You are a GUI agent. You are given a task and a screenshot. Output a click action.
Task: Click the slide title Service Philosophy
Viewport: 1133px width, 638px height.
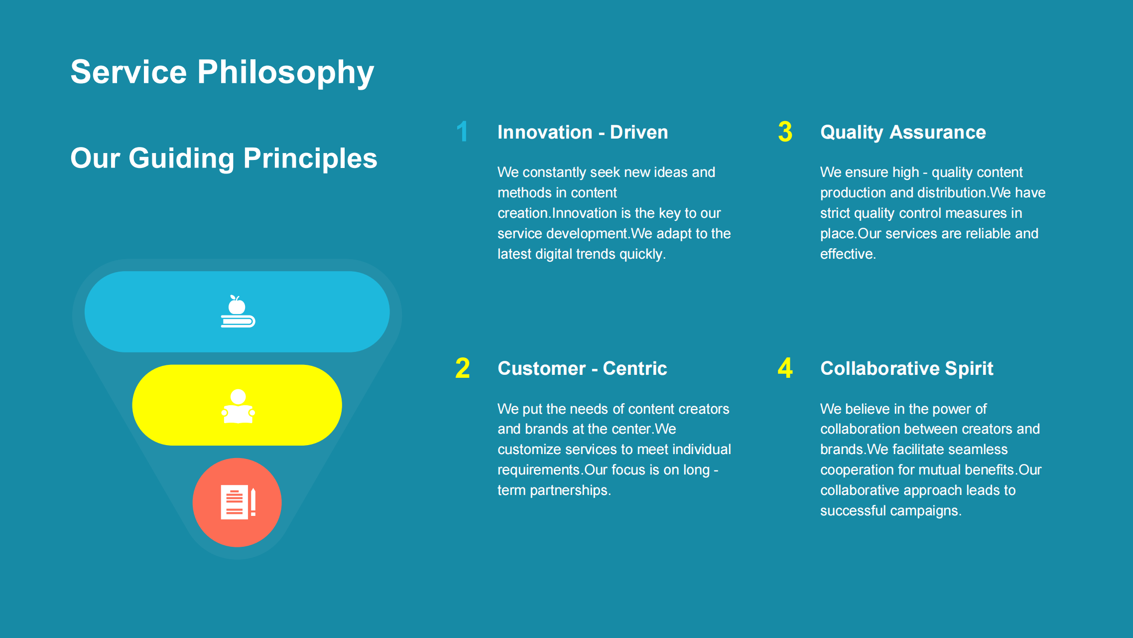click(222, 73)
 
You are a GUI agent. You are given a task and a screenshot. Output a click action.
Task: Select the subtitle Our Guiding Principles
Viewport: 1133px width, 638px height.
click(224, 159)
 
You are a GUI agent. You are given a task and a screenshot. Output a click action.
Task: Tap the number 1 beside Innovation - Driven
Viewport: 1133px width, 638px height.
click(463, 132)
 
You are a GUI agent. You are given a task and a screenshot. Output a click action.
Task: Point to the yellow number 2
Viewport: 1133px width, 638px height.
click(463, 368)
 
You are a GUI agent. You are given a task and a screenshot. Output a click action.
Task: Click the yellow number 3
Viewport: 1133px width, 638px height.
click(785, 132)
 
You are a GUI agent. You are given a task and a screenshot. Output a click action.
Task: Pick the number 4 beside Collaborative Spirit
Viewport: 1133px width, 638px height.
click(785, 368)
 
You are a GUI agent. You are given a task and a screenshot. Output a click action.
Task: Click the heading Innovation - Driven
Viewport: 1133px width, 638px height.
click(583, 132)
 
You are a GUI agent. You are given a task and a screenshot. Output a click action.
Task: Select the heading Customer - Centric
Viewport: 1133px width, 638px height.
click(582, 368)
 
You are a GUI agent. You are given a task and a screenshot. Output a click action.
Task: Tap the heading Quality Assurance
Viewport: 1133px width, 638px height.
click(903, 133)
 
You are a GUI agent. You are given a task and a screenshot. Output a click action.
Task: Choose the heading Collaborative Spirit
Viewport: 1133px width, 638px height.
click(907, 369)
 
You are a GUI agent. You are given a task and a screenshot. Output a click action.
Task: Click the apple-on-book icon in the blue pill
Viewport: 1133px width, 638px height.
click(238, 312)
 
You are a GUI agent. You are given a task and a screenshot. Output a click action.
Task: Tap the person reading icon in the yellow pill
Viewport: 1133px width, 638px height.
click(238, 406)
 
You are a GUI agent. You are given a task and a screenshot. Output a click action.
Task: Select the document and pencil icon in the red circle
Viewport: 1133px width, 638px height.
click(238, 502)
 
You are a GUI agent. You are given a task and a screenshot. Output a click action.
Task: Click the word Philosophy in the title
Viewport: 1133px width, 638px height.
click(286, 73)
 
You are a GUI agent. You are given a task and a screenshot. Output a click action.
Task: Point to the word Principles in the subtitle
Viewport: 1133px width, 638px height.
click(310, 159)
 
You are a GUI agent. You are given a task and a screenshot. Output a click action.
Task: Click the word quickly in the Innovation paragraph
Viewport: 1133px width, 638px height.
click(642, 254)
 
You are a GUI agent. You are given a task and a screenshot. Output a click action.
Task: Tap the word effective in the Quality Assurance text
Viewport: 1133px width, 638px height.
click(848, 254)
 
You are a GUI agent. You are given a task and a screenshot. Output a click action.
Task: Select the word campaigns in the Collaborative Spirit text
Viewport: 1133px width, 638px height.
click(926, 511)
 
